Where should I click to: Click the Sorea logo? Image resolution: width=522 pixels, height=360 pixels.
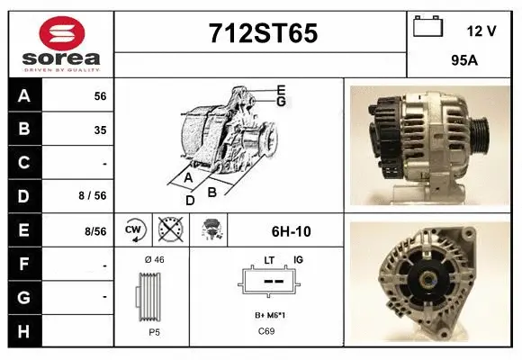click(60, 45)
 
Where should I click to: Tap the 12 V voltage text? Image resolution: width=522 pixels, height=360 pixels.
click(481, 31)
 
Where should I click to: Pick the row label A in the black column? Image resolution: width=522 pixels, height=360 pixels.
click(24, 95)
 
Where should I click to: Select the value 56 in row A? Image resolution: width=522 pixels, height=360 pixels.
click(99, 96)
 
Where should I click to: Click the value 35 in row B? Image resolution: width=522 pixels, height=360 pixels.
click(99, 130)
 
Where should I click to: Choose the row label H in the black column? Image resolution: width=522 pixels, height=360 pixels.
click(24, 330)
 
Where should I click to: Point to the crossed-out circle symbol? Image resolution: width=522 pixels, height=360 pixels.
click(169, 230)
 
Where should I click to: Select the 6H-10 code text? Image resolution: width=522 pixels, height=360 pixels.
click(290, 231)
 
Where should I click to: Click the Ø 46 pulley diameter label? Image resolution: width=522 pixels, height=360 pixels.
click(154, 260)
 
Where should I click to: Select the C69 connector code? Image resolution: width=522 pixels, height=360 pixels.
click(267, 332)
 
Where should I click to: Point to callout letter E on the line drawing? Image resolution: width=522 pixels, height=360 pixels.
click(281, 89)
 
